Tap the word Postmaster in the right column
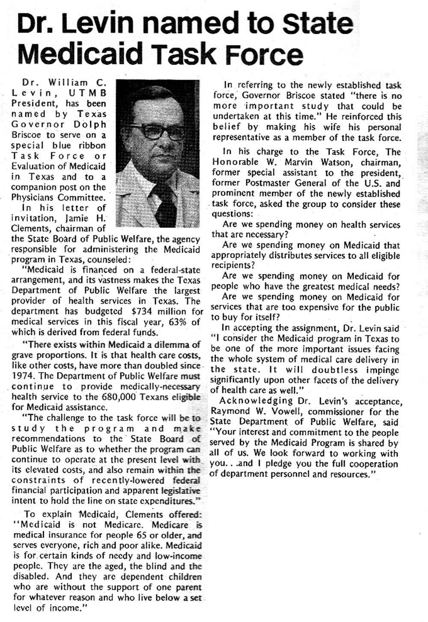tap(267, 183)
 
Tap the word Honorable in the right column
tap(235, 162)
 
